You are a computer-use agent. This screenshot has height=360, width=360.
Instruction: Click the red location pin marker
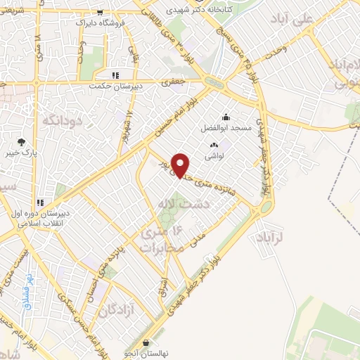(181, 165)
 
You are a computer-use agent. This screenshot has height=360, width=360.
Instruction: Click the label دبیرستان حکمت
(115, 86)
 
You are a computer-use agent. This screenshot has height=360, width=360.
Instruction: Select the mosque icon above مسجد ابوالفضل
(226, 117)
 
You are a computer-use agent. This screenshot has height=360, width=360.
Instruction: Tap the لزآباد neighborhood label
(269, 238)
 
